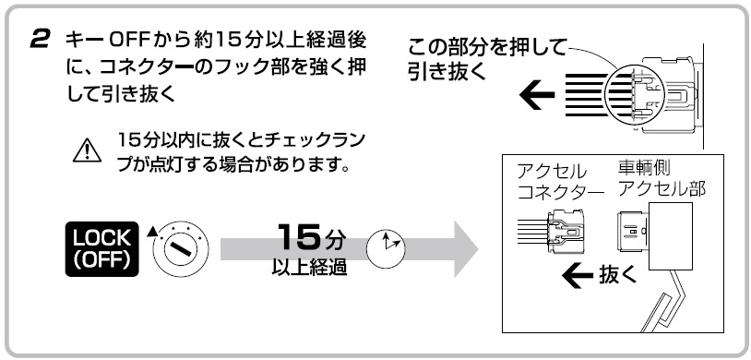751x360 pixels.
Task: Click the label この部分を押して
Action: tap(486, 45)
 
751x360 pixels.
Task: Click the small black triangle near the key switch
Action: tap(151, 231)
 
